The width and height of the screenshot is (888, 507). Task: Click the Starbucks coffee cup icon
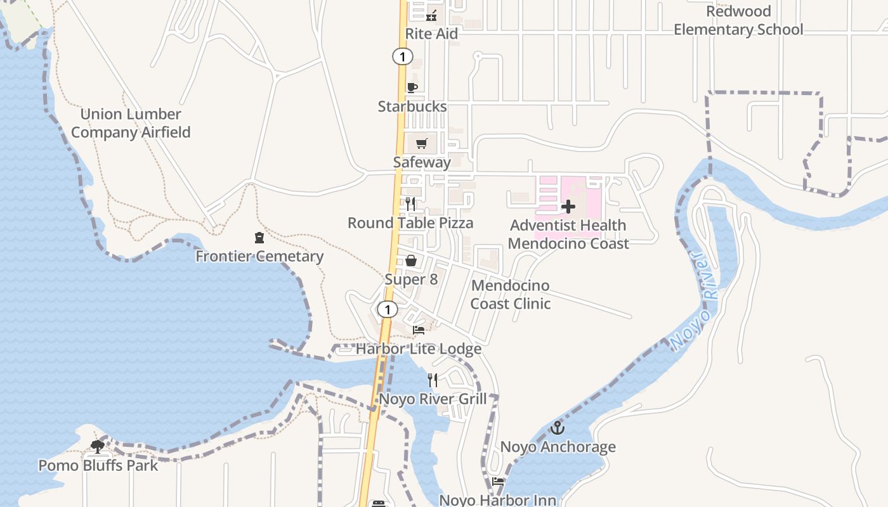pyautogui.click(x=412, y=87)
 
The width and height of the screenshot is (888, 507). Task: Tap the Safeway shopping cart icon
pyautogui.click(x=422, y=143)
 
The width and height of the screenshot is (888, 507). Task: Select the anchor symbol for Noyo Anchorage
pyautogui.click(x=557, y=428)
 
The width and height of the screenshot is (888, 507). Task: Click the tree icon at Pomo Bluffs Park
pyautogui.click(x=97, y=447)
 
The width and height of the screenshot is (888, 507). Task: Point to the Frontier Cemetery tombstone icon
pyautogui.click(x=259, y=238)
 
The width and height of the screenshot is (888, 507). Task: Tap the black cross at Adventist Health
pyautogui.click(x=568, y=207)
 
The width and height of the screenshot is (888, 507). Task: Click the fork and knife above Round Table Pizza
pyautogui.click(x=410, y=203)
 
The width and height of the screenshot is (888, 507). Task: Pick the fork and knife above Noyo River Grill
pyautogui.click(x=433, y=380)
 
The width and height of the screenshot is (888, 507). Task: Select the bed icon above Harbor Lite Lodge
pyautogui.click(x=418, y=330)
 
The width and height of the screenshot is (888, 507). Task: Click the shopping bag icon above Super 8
pyautogui.click(x=411, y=260)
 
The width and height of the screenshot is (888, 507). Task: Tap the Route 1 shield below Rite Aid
pyautogui.click(x=402, y=56)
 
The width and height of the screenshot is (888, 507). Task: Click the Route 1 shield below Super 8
pyautogui.click(x=387, y=310)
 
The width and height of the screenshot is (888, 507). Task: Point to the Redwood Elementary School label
pyautogui.click(x=738, y=20)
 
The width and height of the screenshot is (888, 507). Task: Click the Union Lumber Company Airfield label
pyautogui.click(x=131, y=123)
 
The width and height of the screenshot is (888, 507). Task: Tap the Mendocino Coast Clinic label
pyautogui.click(x=510, y=294)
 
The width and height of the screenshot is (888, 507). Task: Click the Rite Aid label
pyautogui.click(x=431, y=34)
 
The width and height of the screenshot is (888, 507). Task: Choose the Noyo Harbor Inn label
pyautogui.click(x=498, y=500)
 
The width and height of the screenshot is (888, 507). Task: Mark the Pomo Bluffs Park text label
pyautogui.click(x=98, y=465)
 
